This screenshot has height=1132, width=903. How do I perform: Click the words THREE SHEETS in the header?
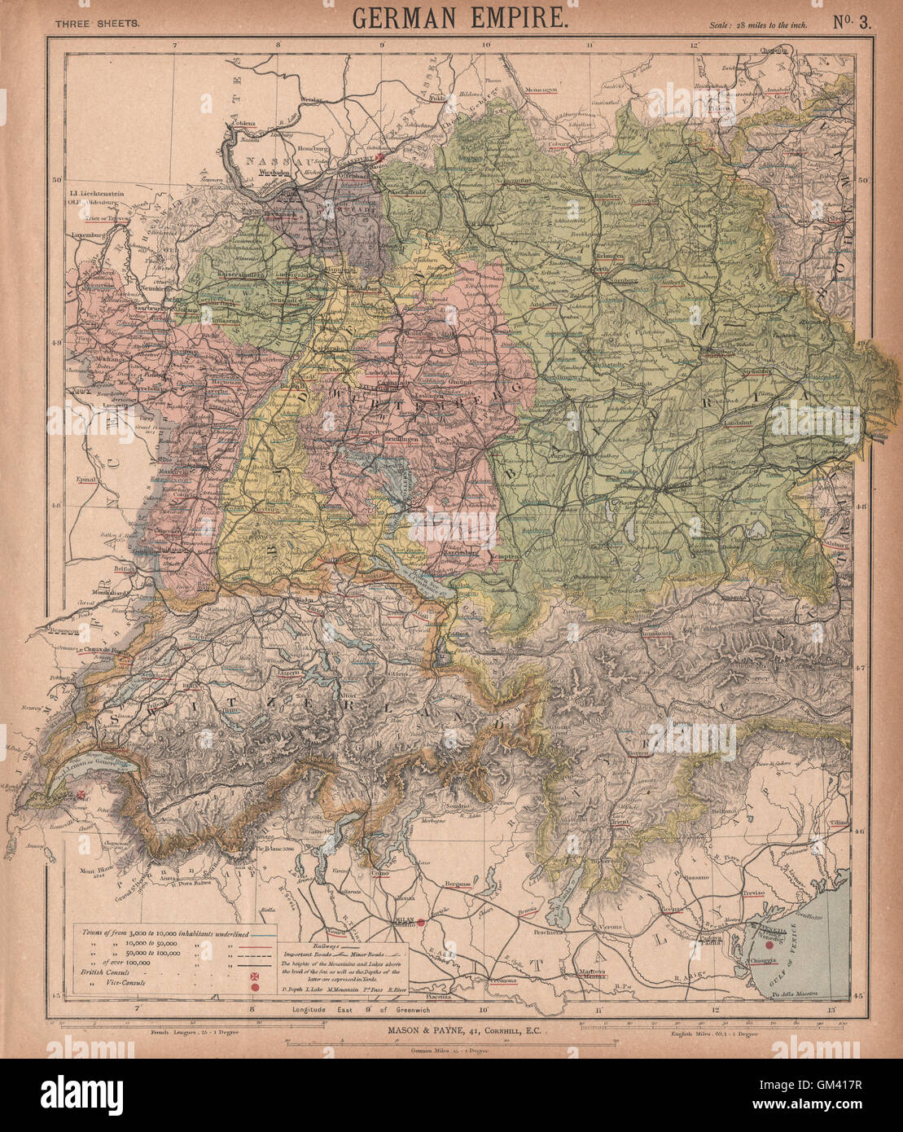tap(97, 23)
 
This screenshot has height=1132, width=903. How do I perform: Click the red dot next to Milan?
tap(423, 923)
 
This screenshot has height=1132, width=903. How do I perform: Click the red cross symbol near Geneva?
tap(82, 793)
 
